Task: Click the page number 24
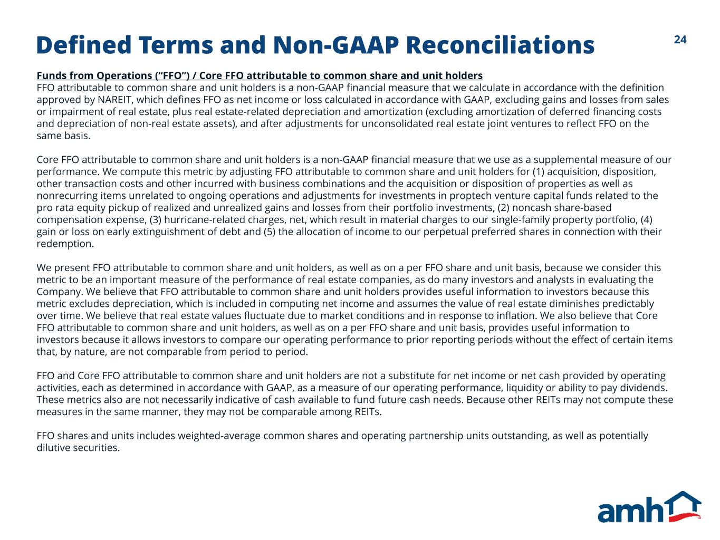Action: [x=680, y=40]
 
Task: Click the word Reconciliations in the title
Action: [x=500, y=45]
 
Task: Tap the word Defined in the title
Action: [x=84, y=45]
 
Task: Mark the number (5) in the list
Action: [x=270, y=232]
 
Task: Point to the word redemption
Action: [x=65, y=244]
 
